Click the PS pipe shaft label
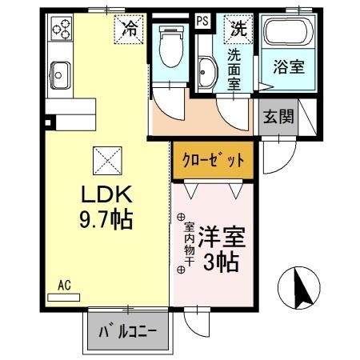(202, 21)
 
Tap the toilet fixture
(171, 46)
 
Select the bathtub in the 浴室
(289, 31)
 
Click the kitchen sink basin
(60, 75)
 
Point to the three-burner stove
(62, 29)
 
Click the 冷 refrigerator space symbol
(130, 30)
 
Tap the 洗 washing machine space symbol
(238, 29)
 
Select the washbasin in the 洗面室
(206, 72)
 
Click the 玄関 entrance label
(278, 117)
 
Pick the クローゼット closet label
(213, 160)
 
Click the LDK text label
(106, 194)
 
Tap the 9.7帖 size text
(106, 219)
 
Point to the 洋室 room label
(222, 237)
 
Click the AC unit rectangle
(63, 298)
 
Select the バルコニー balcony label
(128, 331)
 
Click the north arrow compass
(299, 288)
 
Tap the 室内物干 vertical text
(189, 244)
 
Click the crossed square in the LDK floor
(107, 161)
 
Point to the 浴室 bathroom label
(289, 66)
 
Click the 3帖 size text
(221, 262)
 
